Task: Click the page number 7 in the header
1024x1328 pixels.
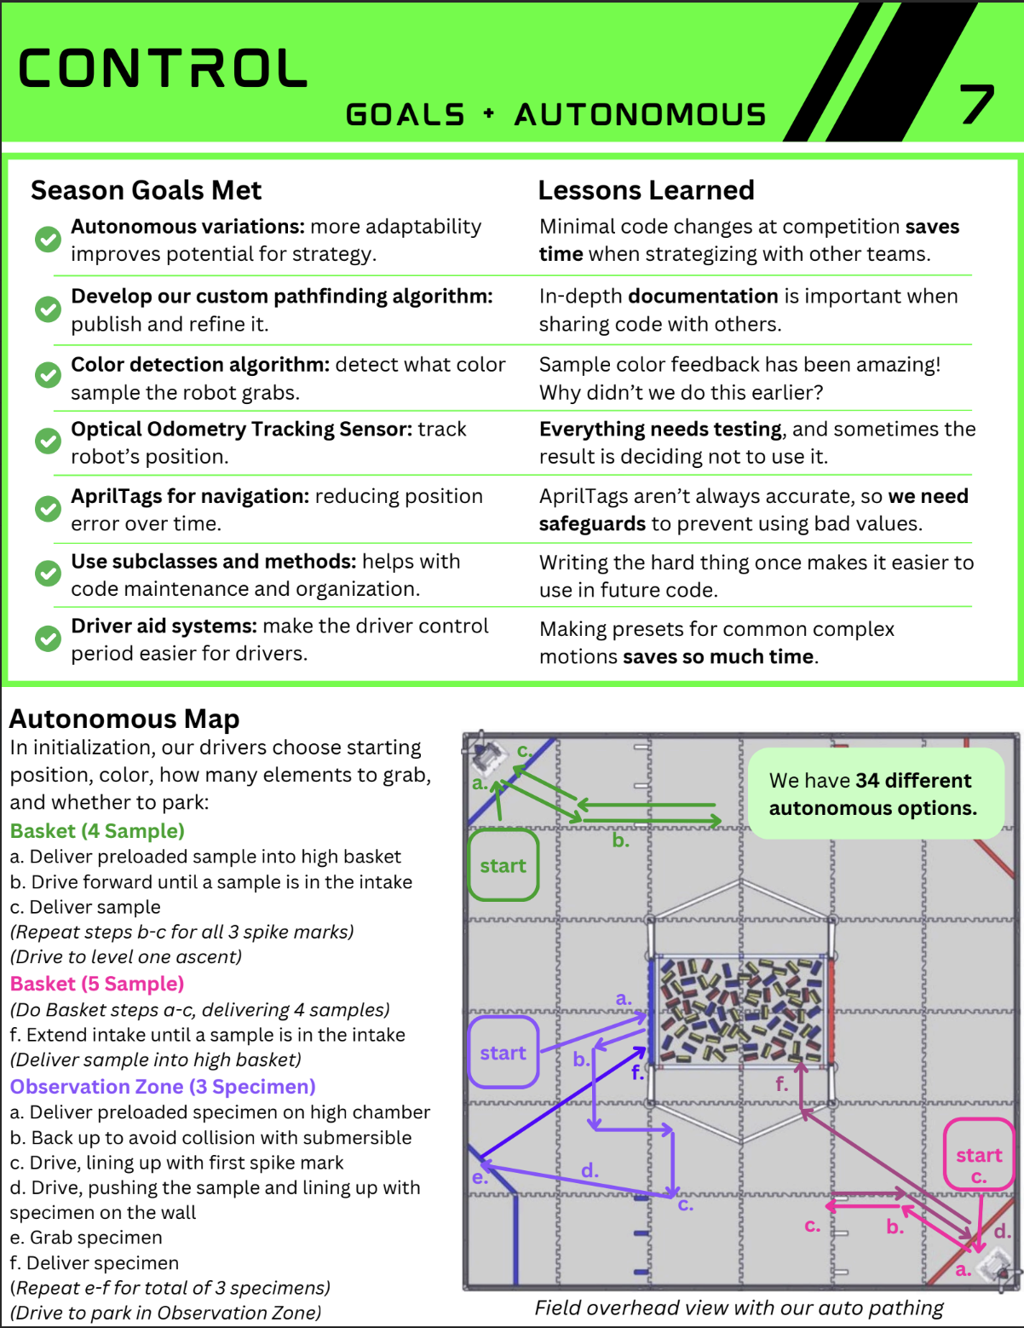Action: pyautogui.click(x=977, y=104)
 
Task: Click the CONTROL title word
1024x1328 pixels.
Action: pyautogui.click(x=163, y=69)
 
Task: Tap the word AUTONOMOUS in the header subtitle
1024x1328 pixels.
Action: pyautogui.click(x=640, y=115)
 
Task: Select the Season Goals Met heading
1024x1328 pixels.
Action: pyautogui.click(x=146, y=190)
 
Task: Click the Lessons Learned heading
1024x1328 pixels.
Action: pyautogui.click(x=646, y=190)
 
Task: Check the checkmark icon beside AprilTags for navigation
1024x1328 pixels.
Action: pyautogui.click(x=48, y=509)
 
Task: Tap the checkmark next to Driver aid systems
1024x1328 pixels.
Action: pyautogui.click(x=48, y=638)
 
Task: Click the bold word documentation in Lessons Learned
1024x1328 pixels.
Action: pyautogui.click(x=702, y=297)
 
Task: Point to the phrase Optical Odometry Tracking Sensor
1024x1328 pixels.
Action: pyautogui.click(x=241, y=429)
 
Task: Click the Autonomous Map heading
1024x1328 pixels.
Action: pyautogui.click(x=124, y=719)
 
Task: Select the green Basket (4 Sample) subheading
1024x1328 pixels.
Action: pyautogui.click(x=97, y=831)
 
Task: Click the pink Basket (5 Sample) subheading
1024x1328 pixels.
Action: pyautogui.click(x=97, y=984)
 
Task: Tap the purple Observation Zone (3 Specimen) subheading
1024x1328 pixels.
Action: pyautogui.click(x=163, y=1087)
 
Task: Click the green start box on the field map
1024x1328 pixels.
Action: pyautogui.click(x=503, y=865)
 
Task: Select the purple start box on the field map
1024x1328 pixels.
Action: pyautogui.click(x=503, y=1053)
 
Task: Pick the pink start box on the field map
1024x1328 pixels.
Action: pyautogui.click(x=978, y=1155)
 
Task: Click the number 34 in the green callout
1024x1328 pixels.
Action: pyautogui.click(x=867, y=781)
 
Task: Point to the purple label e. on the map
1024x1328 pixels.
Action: pyautogui.click(x=480, y=1178)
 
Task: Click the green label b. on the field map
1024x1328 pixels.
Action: pyautogui.click(x=620, y=840)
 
